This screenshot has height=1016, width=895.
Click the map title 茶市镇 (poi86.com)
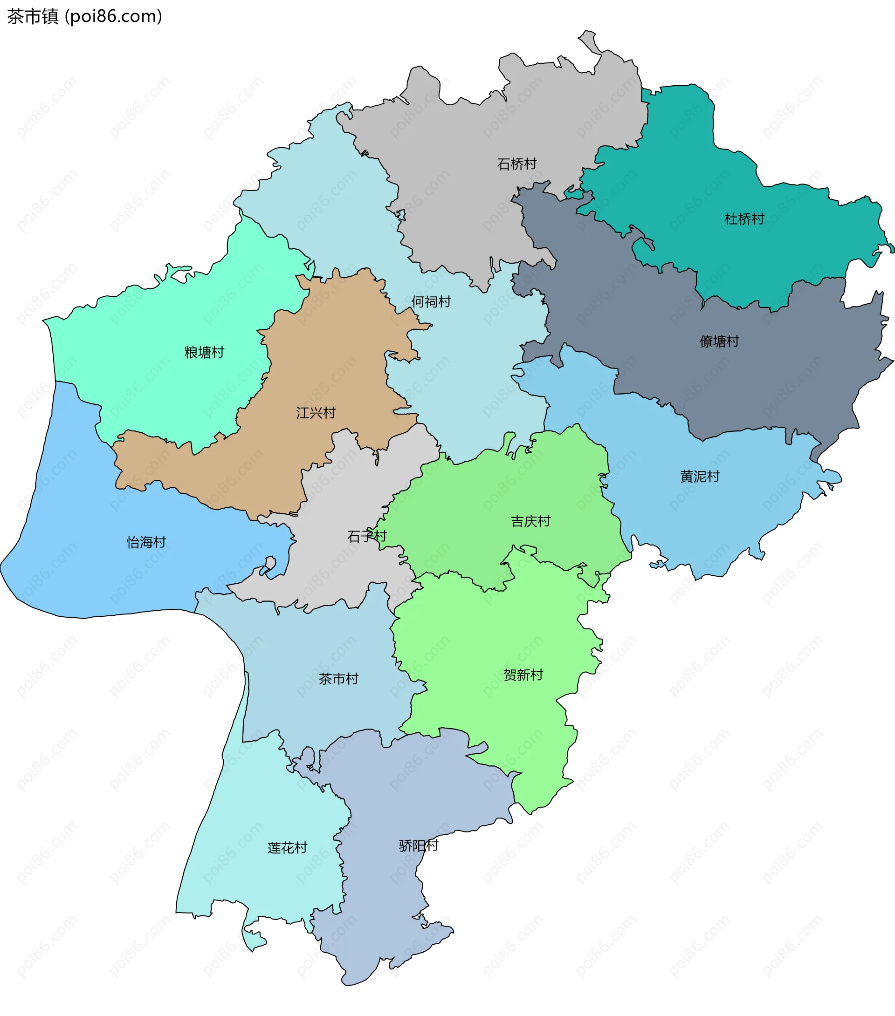[x=84, y=16]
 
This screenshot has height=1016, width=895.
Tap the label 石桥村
[x=517, y=164]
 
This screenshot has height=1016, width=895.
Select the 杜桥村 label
[x=744, y=218]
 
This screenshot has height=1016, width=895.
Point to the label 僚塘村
[x=719, y=341]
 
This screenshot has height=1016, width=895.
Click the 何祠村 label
[x=431, y=302]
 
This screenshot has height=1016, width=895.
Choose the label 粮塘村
[x=205, y=353]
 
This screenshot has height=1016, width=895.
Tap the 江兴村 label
[x=316, y=413]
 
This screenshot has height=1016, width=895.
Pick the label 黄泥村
[x=700, y=477]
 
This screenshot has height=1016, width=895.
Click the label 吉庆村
[x=530, y=521]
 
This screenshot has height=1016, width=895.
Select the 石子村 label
[x=367, y=536]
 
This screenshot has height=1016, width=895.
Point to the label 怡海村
[x=146, y=542]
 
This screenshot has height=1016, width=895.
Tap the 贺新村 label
[x=523, y=675]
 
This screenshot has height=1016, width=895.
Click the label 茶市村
[x=338, y=679]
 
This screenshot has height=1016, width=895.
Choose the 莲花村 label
[x=288, y=848]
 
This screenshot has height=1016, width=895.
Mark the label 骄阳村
[x=419, y=846]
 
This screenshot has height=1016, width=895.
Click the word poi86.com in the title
[x=114, y=16]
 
